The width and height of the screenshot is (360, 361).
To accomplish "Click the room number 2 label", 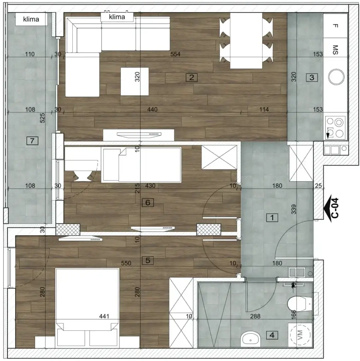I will tap(191, 77).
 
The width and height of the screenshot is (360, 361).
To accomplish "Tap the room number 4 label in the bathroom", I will tap(272, 335).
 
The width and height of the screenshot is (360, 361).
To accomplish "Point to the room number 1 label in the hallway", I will tap(272, 218).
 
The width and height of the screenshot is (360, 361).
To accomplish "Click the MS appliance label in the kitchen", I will tap(335, 49).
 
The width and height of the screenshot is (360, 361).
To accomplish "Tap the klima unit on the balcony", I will tap(31, 19).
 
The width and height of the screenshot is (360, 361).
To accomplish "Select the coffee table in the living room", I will tap(134, 81).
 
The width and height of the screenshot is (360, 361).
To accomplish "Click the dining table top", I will tap(246, 41).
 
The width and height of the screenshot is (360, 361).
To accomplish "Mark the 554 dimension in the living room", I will tap(175, 54).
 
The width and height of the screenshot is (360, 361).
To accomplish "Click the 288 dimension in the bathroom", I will tap(255, 316).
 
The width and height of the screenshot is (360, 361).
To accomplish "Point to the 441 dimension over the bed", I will tap(103, 316).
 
